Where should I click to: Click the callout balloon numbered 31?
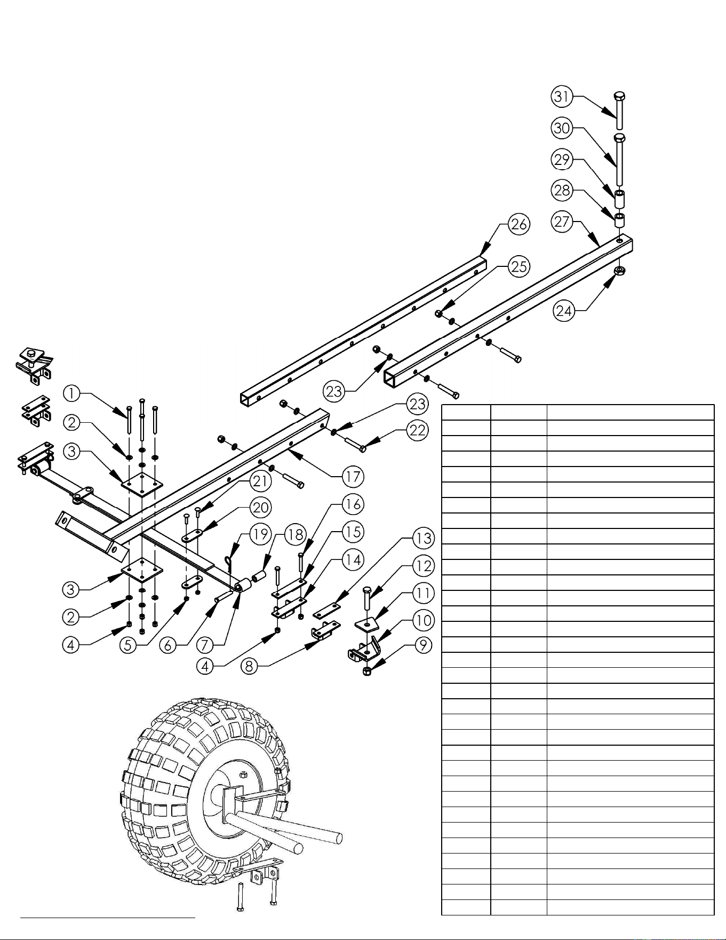pyautogui.click(x=562, y=97)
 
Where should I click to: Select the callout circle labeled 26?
pyautogui.click(x=519, y=224)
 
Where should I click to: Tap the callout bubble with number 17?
pyautogui.click(x=353, y=476)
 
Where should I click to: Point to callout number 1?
pyautogui.click(x=71, y=394)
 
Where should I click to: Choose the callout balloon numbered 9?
pyautogui.click(x=423, y=645)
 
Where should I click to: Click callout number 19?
pyautogui.click(x=260, y=534)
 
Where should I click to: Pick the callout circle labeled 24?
pyautogui.click(x=564, y=311)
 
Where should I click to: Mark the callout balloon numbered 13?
pyautogui.click(x=424, y=538)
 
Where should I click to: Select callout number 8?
pyautogui.click(x=250, y=666)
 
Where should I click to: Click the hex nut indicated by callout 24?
pyautogui.click(x=619, y=271)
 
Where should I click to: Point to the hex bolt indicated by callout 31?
pyautogui.click(x=619, y=110)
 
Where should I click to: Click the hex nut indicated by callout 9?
pyautogui.click(x=367, y=671)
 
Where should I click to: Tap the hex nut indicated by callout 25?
pyautogui.click(x=438, y=313)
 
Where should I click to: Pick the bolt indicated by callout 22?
pyautogui.click(x=355, y=445)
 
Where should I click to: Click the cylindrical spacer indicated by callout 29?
pyautogui.click(x=620, y=198)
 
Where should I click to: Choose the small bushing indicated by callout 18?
pyautogui.click(x=260, y=576)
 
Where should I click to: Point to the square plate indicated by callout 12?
pyautogui.click(x=367, y=623)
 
